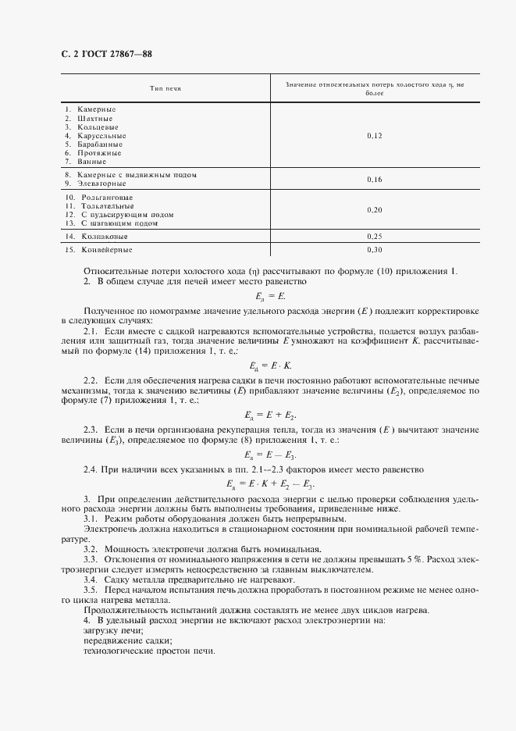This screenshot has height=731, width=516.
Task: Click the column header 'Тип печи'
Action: [x=165, y=89]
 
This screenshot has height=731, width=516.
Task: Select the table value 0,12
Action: [x=374, y=136]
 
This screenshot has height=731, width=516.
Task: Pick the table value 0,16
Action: [x=374, y=179]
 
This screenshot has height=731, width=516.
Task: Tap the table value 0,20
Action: [x=374, y=210]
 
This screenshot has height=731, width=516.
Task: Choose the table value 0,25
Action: [x=374, y=236]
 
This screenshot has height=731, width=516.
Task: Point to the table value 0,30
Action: [x=374, y=250]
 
